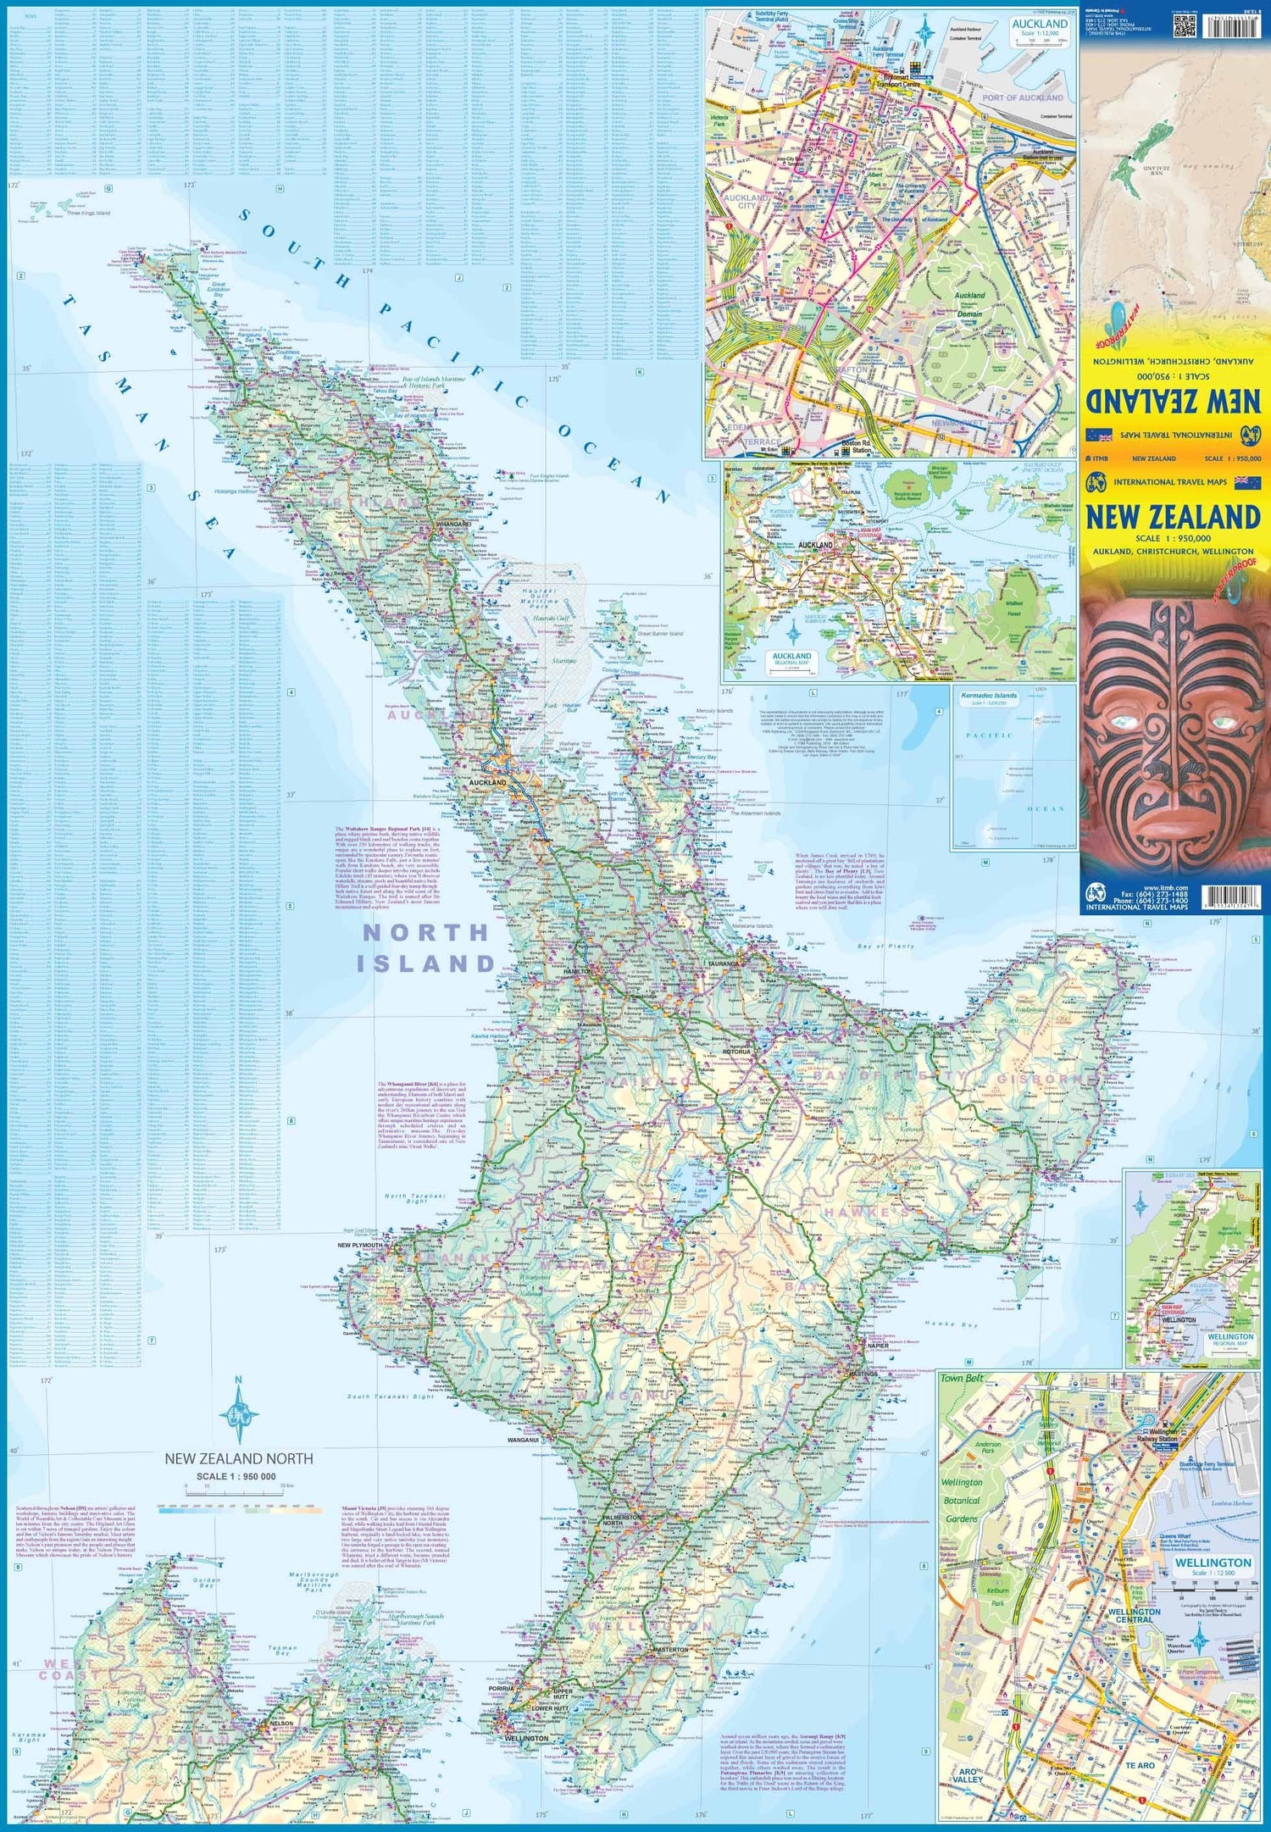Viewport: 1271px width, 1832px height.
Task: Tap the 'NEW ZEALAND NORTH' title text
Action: (238, 1458)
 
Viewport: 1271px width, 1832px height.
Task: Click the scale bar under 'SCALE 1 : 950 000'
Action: (238, 1486)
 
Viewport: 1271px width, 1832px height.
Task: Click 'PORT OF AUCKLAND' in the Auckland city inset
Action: (1022, 98)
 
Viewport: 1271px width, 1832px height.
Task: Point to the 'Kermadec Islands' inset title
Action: (988, 696)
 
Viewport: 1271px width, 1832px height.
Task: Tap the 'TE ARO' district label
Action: (1140, 1765)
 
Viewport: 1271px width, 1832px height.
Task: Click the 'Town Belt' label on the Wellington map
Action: (962, 1379)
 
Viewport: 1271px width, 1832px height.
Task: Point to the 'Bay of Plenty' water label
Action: (885, 946)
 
